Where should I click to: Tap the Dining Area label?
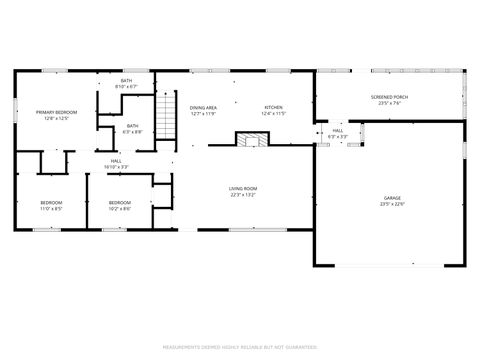tap(203, 107)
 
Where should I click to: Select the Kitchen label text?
tap(273, 107)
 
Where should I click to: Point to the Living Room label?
tap(243, 188)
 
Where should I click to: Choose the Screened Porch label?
tap(390, 97)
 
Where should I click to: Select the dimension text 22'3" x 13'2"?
tap(243, 195)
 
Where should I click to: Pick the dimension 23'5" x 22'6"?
tap(391, 204)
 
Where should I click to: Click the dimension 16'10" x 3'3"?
tap(117, 167)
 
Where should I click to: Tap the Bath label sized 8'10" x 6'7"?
tap(127, 80)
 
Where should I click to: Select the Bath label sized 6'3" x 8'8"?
tap(133, 126)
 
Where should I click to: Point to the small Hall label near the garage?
tap(338, 130)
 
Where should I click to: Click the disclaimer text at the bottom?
tap(240, 347)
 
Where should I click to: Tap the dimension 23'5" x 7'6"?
tap(390, 103)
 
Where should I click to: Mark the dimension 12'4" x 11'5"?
tap(273, 114)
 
